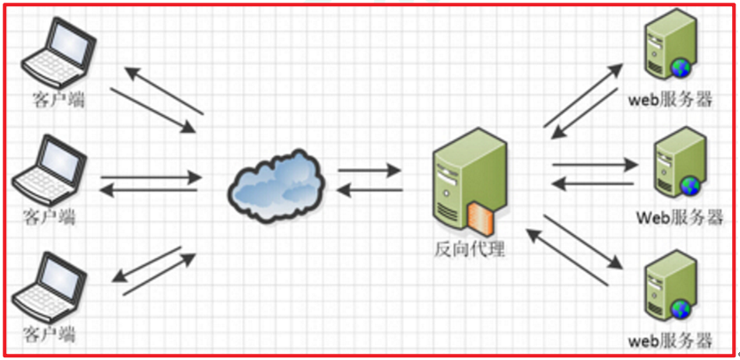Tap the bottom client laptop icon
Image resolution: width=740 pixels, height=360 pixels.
[53, 287]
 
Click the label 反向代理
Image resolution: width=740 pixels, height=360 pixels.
[470, 249]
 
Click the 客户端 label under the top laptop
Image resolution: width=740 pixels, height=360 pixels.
[55, 99]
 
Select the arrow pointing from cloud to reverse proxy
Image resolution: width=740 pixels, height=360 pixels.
[369, 168]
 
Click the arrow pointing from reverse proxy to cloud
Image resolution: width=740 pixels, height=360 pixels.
[369, 188]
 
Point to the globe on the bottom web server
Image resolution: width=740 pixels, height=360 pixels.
[682, 308]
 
